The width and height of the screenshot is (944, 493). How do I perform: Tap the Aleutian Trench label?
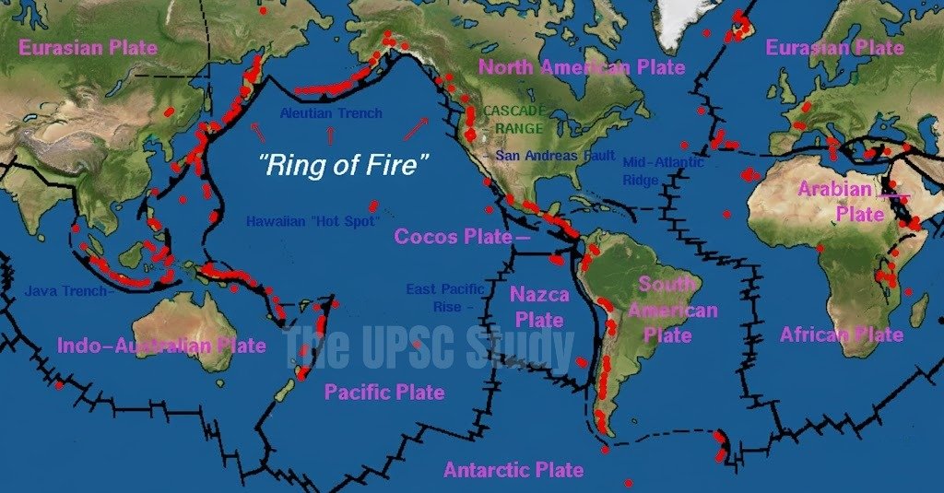(331, 113)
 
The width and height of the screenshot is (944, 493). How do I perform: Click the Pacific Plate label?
(384, 393)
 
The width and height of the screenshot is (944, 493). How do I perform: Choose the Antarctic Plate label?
(513, 470)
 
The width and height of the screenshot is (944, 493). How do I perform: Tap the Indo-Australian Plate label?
(161, 346)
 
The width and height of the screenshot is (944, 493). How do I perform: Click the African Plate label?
(842, 334)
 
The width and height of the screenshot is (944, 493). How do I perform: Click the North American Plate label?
(582, 67)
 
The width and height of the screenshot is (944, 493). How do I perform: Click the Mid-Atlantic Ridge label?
(662, 170)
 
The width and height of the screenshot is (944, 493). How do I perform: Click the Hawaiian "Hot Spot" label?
(313, 221)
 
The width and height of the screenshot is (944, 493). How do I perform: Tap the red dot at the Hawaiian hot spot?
(373, 206)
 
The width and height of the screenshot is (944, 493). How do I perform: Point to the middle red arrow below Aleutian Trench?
(330, 136)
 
